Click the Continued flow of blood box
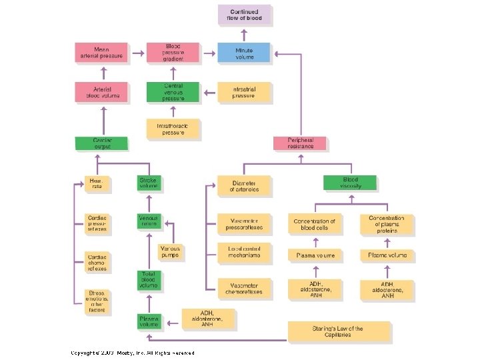pyautogui.click(x=245, y=15)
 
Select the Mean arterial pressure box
pyautogui.click(x=101, y=53)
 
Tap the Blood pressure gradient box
pyautogui.click(x=172, y=53)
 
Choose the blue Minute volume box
pyautogui.click(x=245, y=53)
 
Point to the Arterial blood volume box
pyautogui.click(x=101, y=92)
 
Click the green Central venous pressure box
pyautogui.click(x=172, y=92)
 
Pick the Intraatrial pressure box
pyautogui.click(x=245, y=92)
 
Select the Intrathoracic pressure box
pyautogui.click(x=172, y=129)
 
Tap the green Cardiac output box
pyautogui.click(x=101, y=143)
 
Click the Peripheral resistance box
pyautogui.click(x=300, y=143)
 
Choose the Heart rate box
pyautogui.click(x=97, y=183)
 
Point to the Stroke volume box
pyautogui.click(x=149, y=183)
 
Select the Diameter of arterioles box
pyautogui.click(x=244, y=186)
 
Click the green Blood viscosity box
pyautogui.click(x=350, y=183)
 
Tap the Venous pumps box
pyautogui.click(x=170, y=252)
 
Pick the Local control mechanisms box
pyautogui.click(x=244, y=252)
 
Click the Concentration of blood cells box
pyautogui.click(x=314, y=224)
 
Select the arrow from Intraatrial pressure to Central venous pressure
pyautogui.click(x=209, y=92)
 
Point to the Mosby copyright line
pyautogui.click(x=133, y=353)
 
